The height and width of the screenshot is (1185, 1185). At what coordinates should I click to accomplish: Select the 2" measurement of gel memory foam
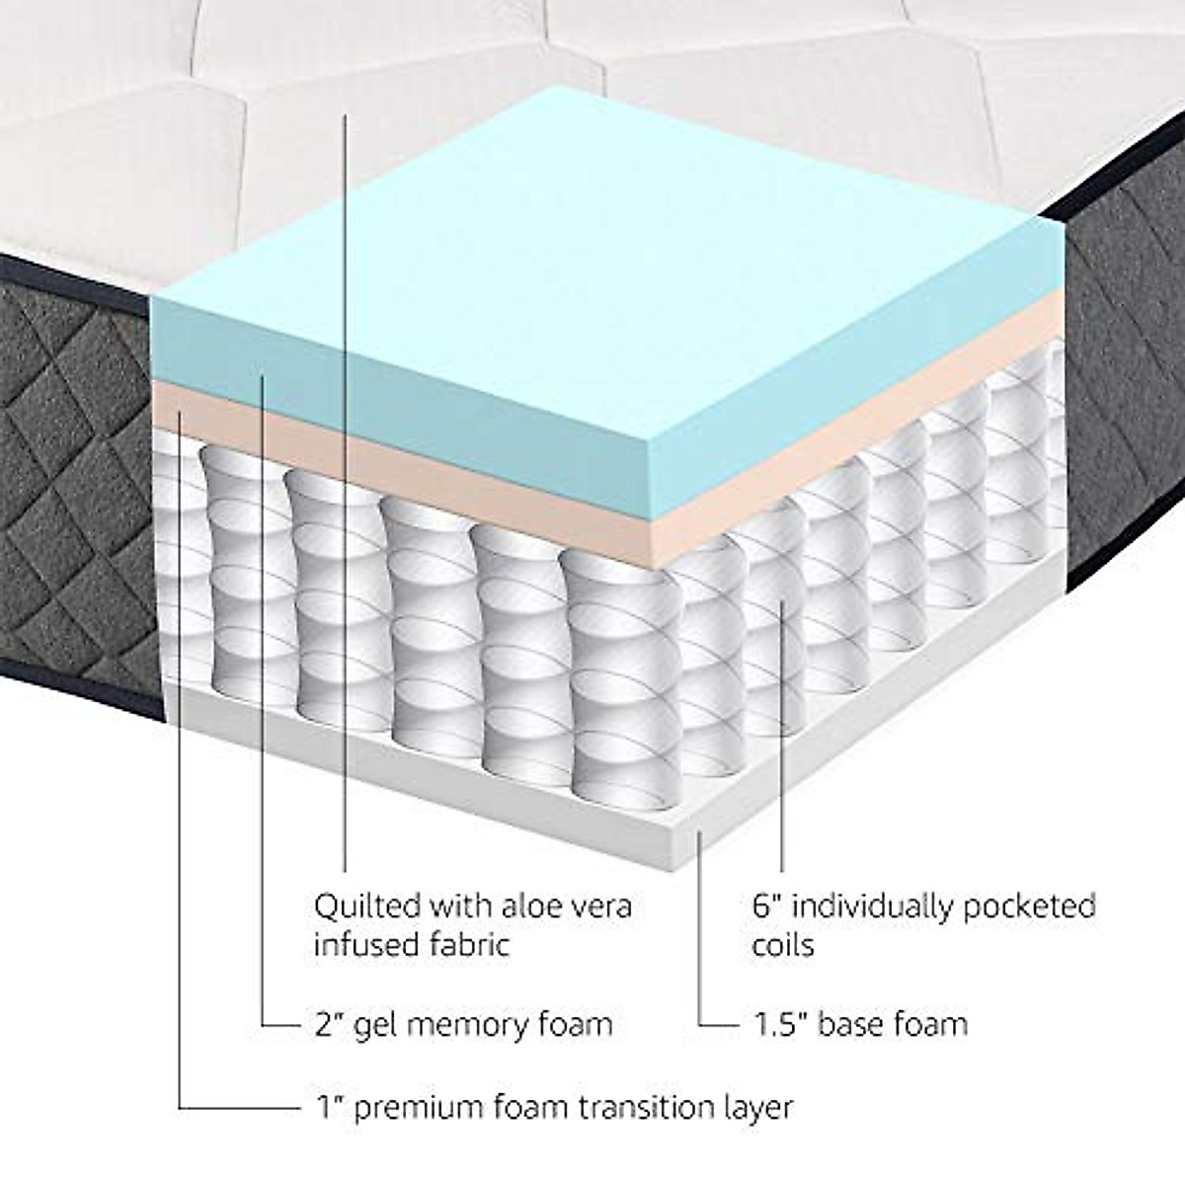[321, 1024]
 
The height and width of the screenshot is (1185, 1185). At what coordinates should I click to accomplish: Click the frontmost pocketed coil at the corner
[597, 671]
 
